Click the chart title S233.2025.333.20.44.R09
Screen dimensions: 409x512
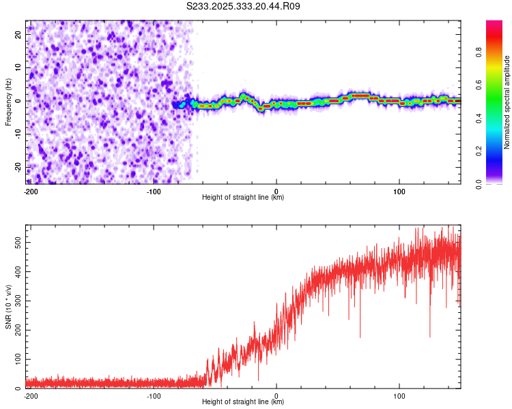(x=244, y=6)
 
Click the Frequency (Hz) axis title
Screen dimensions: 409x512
(x=8, y=102)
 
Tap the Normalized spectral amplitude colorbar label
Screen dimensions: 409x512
(x=507, y=102)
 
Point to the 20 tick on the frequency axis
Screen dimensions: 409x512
(x=18, y=34)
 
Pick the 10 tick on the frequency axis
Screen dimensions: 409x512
(x=18, y=67)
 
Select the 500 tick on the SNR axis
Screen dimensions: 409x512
(x=16, y=243)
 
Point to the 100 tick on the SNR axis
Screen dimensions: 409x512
(x=16, y=359)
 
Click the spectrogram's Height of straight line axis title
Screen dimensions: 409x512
(x=243, y=198)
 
